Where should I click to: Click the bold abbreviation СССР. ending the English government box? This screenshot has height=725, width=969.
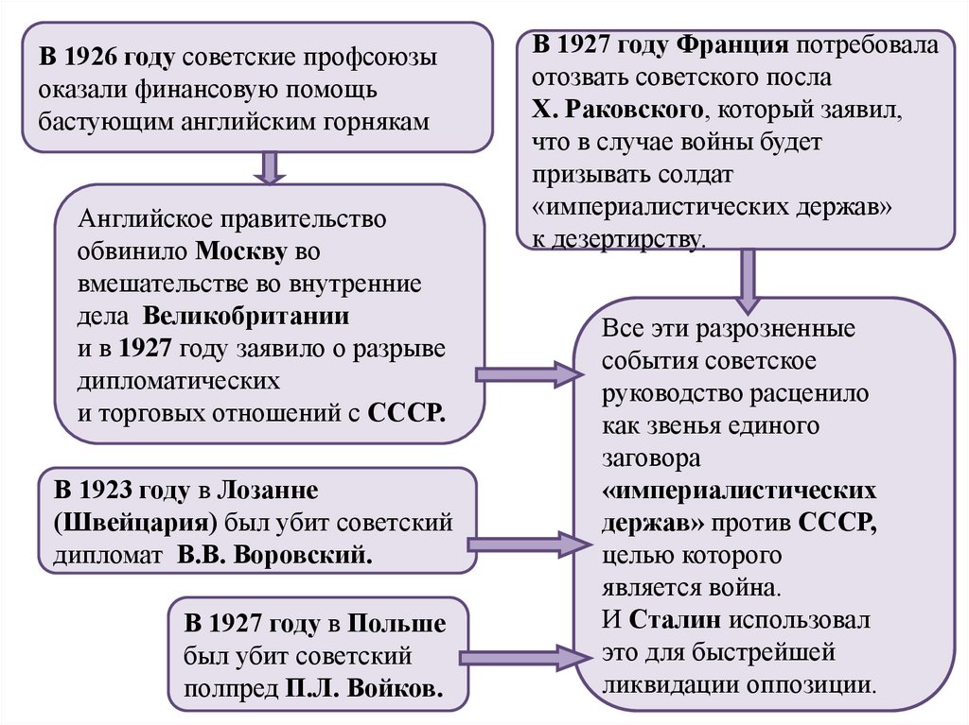(406, 413)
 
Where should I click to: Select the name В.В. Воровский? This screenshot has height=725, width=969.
(274, 555)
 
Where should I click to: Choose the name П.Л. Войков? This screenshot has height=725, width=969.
(363, 687)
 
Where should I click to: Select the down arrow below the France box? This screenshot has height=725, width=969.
(748, 280)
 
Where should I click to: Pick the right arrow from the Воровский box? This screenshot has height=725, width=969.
(526, 544)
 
